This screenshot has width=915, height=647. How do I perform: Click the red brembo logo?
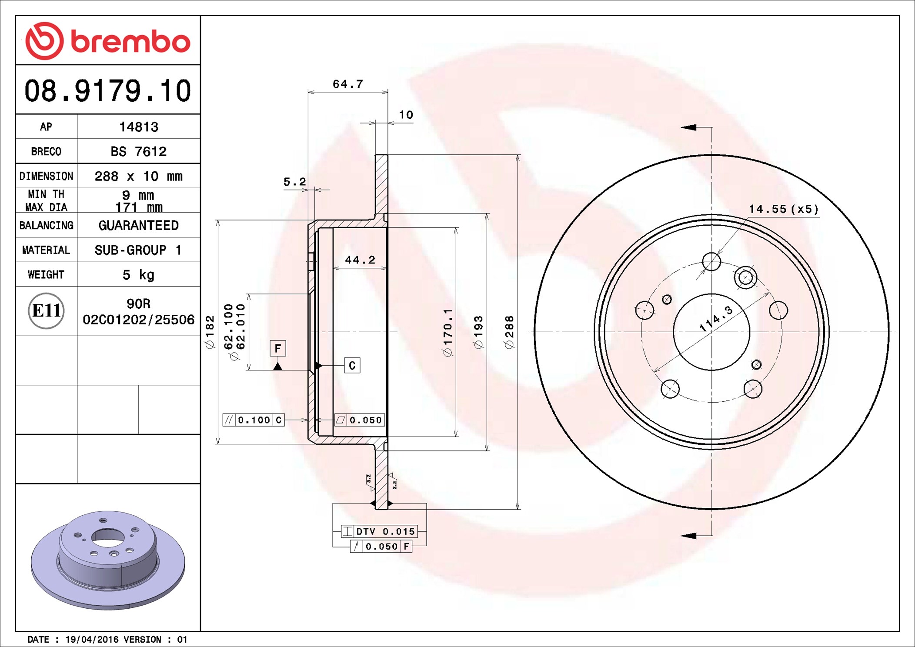tap(107, 41)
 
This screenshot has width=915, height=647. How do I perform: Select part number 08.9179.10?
tap(107, 91)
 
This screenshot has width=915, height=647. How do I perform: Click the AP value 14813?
tap(138, 127)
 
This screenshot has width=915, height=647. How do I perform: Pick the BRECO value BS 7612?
tap(138, 151)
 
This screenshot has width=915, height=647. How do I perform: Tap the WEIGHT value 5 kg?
tap(138, 275)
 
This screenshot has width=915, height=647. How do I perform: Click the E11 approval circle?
tap(46, 311)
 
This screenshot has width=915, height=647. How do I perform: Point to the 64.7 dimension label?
tap(347, 84)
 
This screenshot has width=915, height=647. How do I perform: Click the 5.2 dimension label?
tap(294, 182)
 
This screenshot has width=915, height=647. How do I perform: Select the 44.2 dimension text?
tap(360, 260)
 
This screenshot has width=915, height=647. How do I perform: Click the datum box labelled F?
tap(277, 348)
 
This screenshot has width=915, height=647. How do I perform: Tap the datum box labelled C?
tap(352, 366)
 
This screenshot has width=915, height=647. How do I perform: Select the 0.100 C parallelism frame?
tap(254, 420)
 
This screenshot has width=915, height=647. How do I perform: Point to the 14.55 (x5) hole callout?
tap(783, 209)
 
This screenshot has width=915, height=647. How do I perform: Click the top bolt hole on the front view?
tap(711, 262)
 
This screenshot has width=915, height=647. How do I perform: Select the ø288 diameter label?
tap(509, 332)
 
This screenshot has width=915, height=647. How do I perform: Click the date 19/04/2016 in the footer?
tap(91, 640)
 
